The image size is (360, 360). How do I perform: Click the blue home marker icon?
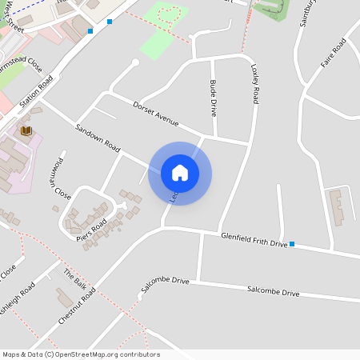tap(180, 173)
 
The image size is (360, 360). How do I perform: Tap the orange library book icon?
tap(26, 130)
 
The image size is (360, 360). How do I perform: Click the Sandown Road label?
tap(97, 138)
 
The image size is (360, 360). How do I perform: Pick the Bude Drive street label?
tap(214, 98)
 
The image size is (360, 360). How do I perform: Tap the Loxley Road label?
tap(255, 82)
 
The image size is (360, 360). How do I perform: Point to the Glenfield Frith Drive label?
tap(254, 238)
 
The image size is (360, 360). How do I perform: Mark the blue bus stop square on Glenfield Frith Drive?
tap(292, 243)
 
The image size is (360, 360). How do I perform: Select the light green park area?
tap(164, 32)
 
